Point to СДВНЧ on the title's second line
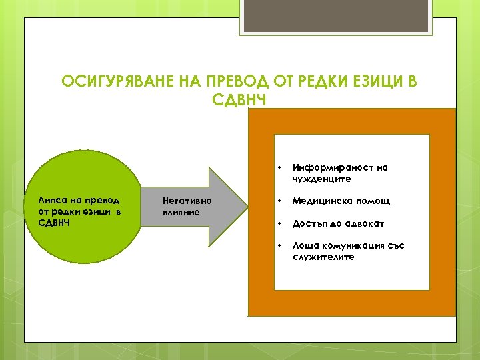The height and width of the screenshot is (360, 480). click(x=241, y=99)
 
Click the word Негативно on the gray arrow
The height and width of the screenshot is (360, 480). click(x=187, y=201)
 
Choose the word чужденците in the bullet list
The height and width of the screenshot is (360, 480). click(x=320, y=179)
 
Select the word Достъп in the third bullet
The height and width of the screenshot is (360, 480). click(x=309, y=223)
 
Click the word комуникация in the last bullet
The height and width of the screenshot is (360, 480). click(x=349, y=245)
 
